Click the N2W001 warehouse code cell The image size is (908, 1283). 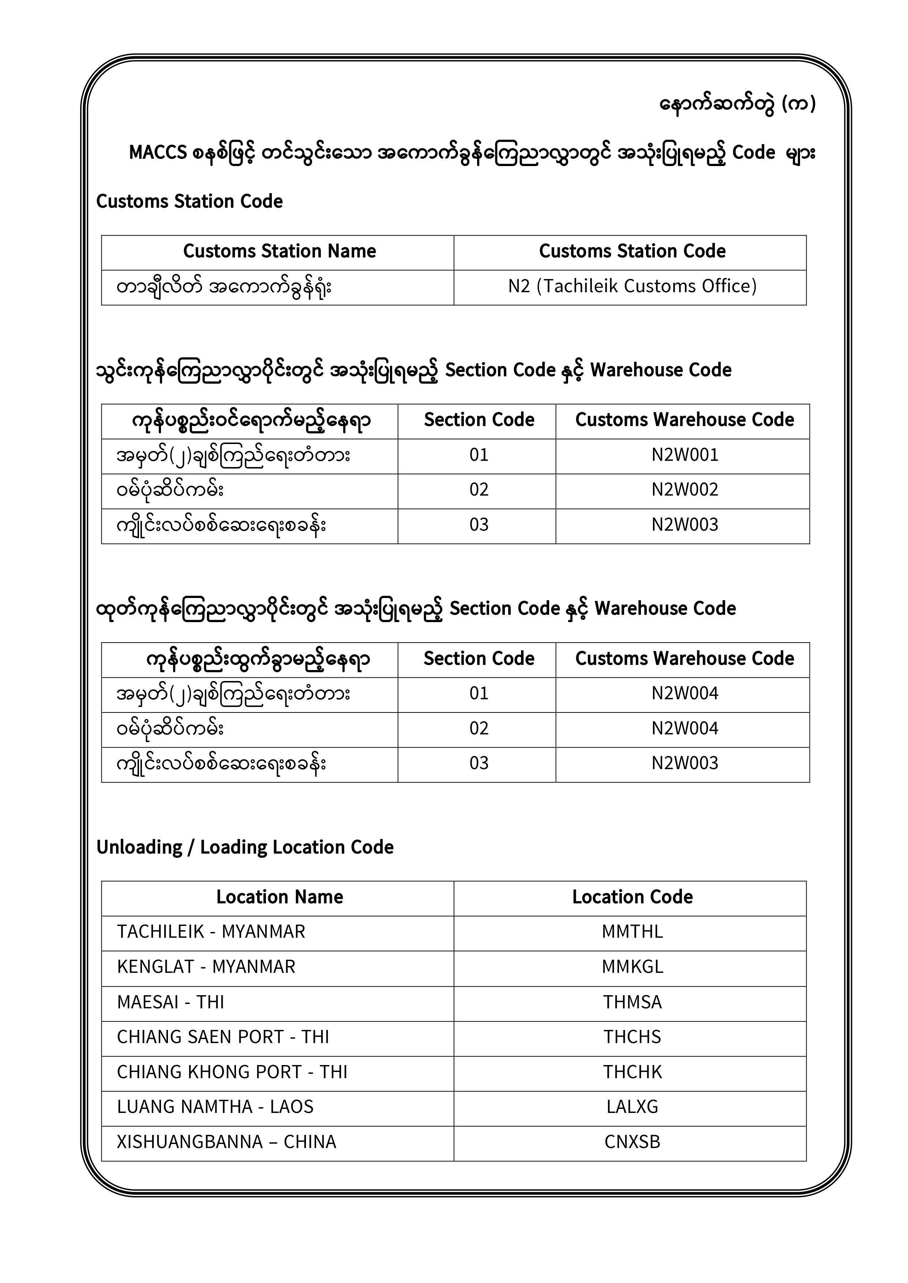(684, 455)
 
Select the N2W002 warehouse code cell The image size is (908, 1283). (684, 489)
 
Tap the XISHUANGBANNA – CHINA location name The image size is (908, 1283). (226, 1141)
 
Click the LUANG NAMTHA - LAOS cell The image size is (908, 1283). (215, 1106)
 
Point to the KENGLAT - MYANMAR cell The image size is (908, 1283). (206, 966)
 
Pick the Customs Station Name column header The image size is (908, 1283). (279, 252)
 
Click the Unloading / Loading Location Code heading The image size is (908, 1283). (245, 847)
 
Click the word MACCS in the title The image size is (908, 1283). (158, 153)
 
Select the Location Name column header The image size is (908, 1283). (279, 897)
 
